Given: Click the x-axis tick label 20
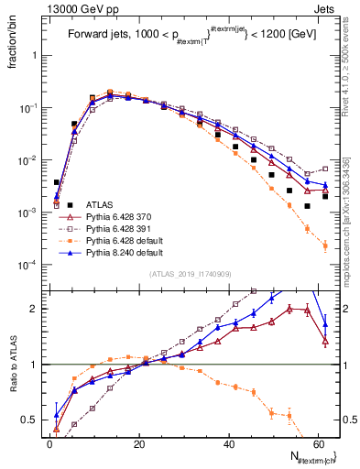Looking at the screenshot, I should point(137,442).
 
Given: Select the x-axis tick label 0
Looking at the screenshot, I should point(49,442).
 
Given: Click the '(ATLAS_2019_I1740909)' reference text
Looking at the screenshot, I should point(189,274).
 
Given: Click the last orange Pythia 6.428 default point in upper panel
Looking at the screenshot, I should point(325,245).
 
